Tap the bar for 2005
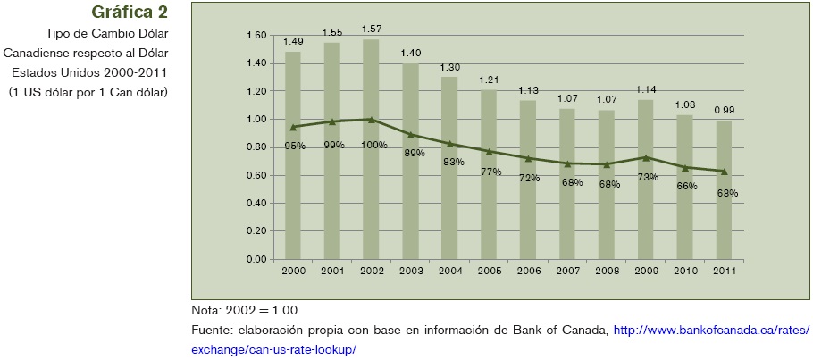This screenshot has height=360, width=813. (x=488, y=205)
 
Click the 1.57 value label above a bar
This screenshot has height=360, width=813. (x=371, y=29)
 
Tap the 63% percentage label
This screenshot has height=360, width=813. (x=726, y=193)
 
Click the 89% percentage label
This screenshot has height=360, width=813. (x=414, y=153)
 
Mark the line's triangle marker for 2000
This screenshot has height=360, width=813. (x=293, y=127)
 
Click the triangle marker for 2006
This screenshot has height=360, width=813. (x=527, y=158)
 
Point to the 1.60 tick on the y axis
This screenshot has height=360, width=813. (x=256, y=36)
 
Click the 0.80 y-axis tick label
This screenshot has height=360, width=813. (x=256, y=147)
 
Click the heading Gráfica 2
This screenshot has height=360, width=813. (x=130, y=13)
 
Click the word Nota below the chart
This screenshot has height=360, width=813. (x=206, y=311)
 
